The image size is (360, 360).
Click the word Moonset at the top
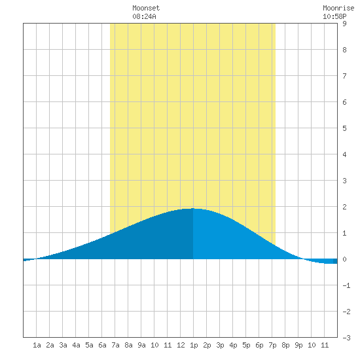tap(146, 9)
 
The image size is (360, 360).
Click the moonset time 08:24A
tap(144, 16)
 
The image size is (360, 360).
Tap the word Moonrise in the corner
tap(338, 9)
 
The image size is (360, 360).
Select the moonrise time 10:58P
tap(334, 16)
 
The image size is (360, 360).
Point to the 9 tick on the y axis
tap(344, 24)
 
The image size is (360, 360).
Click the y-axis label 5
tap(344, 128)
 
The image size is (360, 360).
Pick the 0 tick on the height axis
tap(344, 259)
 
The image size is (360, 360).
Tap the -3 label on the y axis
tap(346, 338)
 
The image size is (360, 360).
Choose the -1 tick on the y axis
tap(346, 285)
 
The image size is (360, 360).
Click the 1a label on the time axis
tap(37, 345)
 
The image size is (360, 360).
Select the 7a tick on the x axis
tap(115, 345)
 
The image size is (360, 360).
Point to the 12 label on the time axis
tap(181, 345)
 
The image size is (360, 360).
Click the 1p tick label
tap(194, 345)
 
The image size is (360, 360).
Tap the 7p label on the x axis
tap(272, 345)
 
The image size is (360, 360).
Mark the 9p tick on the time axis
tap(298, 345)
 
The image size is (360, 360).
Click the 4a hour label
tap(76, 345)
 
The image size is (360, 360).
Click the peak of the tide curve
tap(193, 208)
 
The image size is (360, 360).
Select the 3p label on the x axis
tap(220, 345)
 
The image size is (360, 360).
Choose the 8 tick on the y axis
tap(344, 50)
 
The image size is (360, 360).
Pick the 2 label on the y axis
tap(344, 207)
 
